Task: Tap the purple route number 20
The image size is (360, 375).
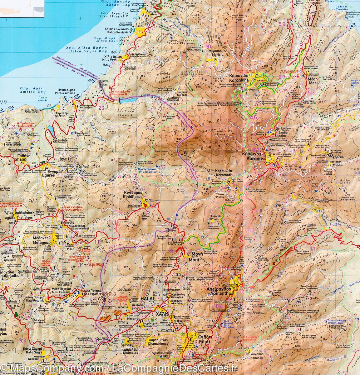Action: click(101, 108)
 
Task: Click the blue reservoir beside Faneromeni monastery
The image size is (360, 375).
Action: click(128, 100)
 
